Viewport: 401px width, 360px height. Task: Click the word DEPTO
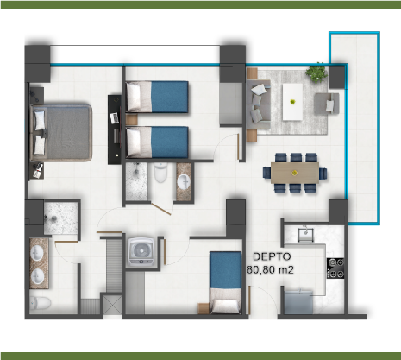point(272,256)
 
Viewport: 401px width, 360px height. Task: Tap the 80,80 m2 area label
point(270,270)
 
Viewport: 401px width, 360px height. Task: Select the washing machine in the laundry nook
point(141,251)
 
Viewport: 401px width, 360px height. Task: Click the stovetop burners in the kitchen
point(335,268)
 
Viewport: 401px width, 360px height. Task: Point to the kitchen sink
point(305,235)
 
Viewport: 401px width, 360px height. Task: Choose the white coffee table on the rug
point(292,102)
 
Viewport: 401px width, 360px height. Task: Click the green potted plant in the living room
point(316,72)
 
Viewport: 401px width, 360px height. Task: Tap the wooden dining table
point(295,173)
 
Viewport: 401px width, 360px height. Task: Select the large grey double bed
point(61,133)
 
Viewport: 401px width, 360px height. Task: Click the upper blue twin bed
point(157,97)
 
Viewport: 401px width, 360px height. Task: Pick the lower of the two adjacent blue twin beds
point(157,142)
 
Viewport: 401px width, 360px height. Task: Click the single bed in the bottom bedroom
point(225,282)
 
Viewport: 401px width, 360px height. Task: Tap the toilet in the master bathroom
point(41,303)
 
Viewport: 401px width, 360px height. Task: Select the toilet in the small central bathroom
point(160,172)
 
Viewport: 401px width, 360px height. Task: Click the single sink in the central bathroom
point(184,181)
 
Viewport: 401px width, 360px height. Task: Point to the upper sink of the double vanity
point(37,254)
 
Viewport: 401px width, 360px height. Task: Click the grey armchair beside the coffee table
point(327,104)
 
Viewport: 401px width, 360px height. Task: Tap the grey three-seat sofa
point(258,104)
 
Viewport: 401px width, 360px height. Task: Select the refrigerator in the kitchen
point(298,302)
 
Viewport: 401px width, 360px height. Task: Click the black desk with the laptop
point(115,129)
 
